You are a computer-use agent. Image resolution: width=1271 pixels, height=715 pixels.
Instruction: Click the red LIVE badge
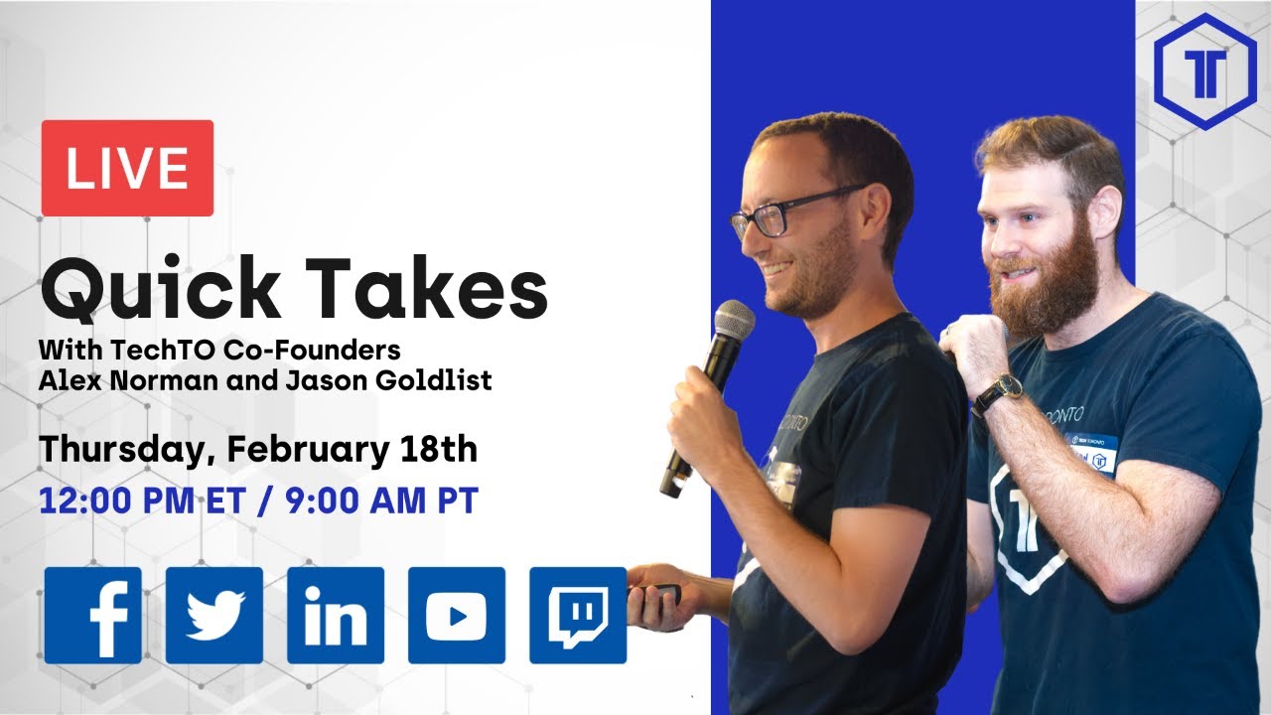pyautogui.click(x=127, y=168)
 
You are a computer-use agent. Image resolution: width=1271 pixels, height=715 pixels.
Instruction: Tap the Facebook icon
pyautogui.click(x=92, y=616)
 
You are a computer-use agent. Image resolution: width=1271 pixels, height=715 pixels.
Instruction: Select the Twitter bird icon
pyautogui.click(x=214, y=616)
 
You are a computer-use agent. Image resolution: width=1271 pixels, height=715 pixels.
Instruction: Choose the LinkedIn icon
pyautogui.click(x=336, y=616)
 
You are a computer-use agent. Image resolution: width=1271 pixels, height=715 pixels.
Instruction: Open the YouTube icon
pyautogui.click(x=457, y=616)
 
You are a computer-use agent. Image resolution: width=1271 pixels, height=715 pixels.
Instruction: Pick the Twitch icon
pyautogui.click(x=578, y=616)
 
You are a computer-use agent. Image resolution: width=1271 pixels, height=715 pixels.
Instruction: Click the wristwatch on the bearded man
pyautogui.click(x=997, y=392)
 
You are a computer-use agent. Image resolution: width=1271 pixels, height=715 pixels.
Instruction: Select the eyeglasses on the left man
pyautogui.click(x=783, y=212)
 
